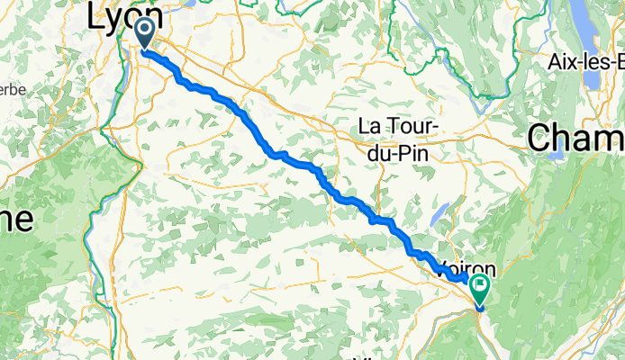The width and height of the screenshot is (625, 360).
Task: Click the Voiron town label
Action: (465, 268)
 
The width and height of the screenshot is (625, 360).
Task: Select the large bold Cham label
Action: (576, 138)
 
